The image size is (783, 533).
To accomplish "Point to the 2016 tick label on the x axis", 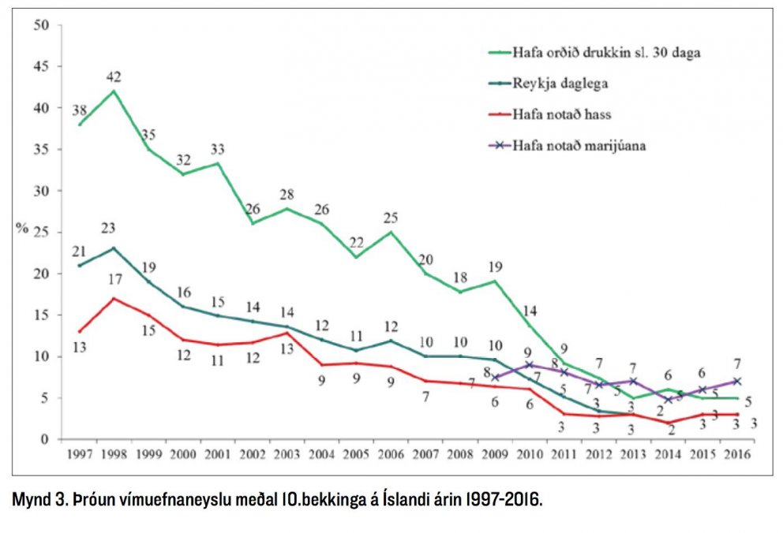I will pyautogui.click(x=736, y=453).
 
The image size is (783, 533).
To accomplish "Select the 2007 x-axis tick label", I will pyautogui.click(x=426, y=453).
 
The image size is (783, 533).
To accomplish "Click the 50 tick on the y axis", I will pyautogui.click(x=42, y=25).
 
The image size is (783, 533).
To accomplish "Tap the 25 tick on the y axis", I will pyautogui.click(x=42, y=233).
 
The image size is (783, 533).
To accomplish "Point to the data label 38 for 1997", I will pyautogui.click(x=79, y=111).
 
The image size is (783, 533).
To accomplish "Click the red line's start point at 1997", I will pyautogui.click(x=80, y=331).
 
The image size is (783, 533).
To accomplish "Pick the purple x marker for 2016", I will pyautogui.click(x=736, y=382).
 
